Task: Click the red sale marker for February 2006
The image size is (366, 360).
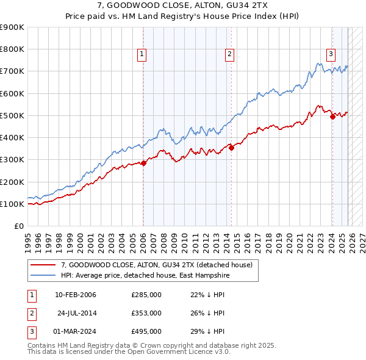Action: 143,163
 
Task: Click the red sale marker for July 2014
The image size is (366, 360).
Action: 232,148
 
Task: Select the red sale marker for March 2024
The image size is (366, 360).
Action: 332,117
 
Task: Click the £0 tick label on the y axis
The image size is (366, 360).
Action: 19,226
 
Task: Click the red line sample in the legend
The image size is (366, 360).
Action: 43,265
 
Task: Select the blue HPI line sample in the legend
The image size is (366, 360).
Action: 43,276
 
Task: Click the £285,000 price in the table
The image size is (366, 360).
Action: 146,295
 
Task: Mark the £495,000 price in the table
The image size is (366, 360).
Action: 146,331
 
